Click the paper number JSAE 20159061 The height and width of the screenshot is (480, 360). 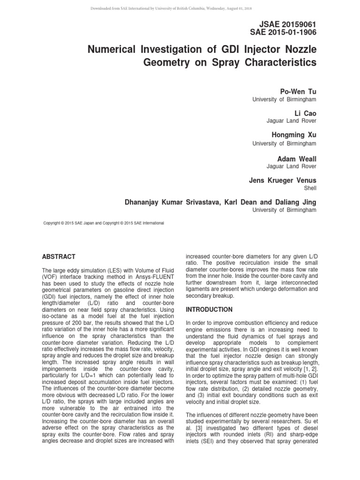coord(288,24)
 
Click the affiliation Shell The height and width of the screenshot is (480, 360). coord(310,188)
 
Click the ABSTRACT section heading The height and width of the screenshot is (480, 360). coord(59,257)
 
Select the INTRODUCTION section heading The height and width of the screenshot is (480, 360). coord(209,310)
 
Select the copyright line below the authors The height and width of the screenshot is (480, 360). coord(104,223)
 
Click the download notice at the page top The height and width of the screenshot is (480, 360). coord(180,8)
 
